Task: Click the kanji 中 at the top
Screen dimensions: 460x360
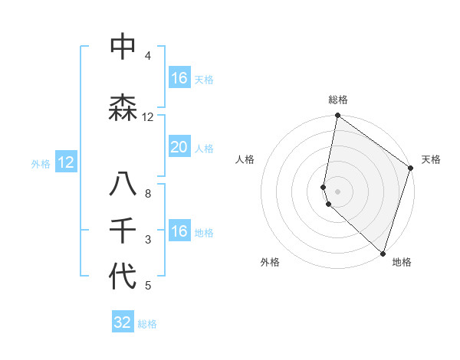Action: click(123, 47)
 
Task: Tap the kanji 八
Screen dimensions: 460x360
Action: click(123, 186)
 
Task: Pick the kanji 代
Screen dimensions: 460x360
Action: click(123, 277)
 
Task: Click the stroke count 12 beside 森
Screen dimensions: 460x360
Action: click(148, 117)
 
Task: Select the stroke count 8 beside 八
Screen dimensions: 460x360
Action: click(148, 193)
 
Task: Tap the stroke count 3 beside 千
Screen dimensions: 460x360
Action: click(148, 240)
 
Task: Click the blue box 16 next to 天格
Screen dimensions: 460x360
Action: click(179, 78)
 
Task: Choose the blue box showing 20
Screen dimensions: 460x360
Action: click(179, 147)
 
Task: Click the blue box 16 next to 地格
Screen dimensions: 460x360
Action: click(179, 231)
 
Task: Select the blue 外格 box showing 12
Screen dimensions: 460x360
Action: click(65, 162)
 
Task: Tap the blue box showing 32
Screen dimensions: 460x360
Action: click(123, 322)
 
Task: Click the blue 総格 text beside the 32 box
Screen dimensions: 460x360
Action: click(147, 324)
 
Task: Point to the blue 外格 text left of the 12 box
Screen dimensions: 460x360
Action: click(41, 163)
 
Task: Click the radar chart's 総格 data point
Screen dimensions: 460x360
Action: click(337, 116)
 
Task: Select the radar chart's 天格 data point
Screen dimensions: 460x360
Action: click(410, 169)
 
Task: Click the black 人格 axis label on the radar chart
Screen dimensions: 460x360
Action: click(245, 159)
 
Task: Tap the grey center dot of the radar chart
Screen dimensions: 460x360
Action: click(337, 191)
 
